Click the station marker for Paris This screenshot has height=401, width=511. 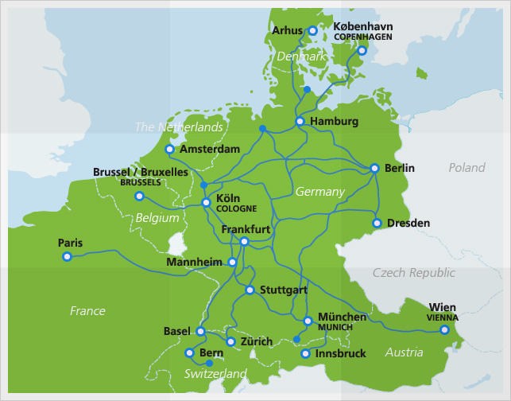tap(67, 256)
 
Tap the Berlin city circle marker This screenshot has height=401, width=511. tap(374, 168)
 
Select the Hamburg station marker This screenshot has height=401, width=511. tap(300, 122)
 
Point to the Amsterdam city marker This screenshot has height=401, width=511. tap(169, 149)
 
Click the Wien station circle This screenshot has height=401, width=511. tap(444, 329)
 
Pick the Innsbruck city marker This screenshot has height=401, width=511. tap(305, 352)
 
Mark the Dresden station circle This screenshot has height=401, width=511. tap(377, 223)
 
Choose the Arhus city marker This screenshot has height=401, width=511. tap(312, 31)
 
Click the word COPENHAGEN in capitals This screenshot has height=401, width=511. tap(363, 37)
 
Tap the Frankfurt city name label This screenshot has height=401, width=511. tap(246, 229)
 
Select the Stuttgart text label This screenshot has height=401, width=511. tap(282, 290)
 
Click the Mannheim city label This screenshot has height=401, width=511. tap(195, 262)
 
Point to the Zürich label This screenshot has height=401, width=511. tap(256, 341)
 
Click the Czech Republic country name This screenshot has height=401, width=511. tap(414, 273)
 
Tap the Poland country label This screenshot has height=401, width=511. tap(466, 167)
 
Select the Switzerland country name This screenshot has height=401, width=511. tap(215, 373)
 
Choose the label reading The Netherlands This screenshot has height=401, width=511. tap(178, 127)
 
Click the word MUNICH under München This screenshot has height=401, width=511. tap(335, 327)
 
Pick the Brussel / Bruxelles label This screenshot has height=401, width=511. tap(140, 171)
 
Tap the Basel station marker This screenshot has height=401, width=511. tap(200, 331)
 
